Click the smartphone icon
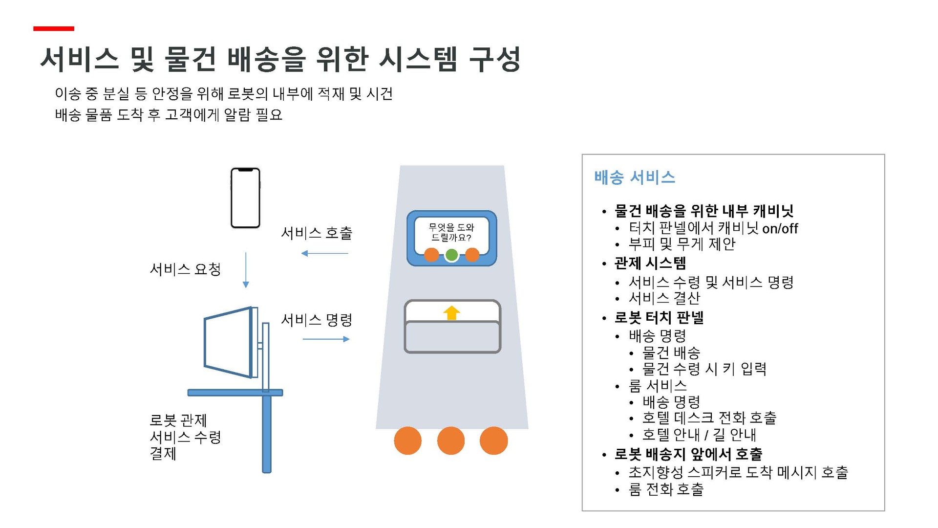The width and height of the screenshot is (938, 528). [245, 198]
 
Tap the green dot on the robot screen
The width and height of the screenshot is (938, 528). [451, 255]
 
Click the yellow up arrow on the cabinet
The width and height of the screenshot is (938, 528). [452, 313]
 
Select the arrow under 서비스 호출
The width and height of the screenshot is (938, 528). [325, 253]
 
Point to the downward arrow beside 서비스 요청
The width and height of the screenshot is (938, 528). [246, 269]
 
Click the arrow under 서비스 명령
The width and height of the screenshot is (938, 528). [326, 339]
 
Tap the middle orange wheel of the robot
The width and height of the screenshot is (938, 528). [450, 440]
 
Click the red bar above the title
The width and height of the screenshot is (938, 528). [54, 29]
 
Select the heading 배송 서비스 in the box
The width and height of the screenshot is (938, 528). [635, 177]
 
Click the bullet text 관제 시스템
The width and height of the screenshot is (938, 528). [650, 263]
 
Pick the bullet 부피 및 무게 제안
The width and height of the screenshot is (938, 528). [682, 244]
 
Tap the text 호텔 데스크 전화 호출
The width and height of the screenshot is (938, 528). [709, 418]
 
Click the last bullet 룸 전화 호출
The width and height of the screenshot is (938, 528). [666, 489]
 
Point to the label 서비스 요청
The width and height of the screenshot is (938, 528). [185, 269]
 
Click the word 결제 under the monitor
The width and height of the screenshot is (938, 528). [163, 453]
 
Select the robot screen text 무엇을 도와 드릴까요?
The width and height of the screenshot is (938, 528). [451, 232]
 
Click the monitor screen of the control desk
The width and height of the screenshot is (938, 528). [228, 342]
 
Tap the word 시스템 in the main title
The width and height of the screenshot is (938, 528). [418, 60]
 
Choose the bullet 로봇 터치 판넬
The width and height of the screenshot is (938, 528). [659, 318]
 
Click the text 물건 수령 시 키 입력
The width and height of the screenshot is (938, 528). [704, 369]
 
